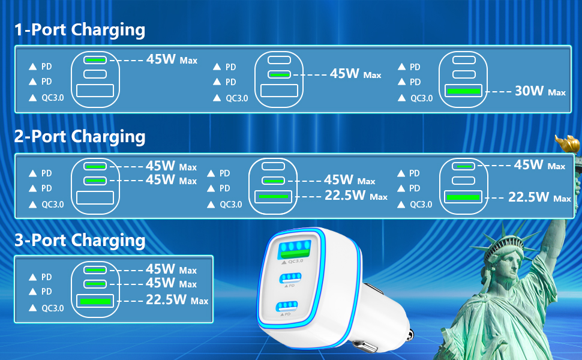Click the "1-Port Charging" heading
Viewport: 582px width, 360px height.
pyautogui.click(x=80, y=30)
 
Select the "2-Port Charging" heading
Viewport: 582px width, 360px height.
pyautogui.click(x=80, y=137)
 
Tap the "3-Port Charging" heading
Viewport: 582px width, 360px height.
pyautogui.click(x=80, y=241)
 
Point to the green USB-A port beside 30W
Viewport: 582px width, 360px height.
pyautogui.click(x=463, y=92)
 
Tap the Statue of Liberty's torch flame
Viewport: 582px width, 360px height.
pyautogui.click(x=568, y=143)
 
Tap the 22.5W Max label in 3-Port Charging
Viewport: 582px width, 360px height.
pyautogui.click(x=177, y=300)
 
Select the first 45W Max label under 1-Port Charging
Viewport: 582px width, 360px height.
pyautogui.click(x=172, y=60)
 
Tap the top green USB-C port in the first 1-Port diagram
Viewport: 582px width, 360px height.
pyautogui.click(x=95, y=60)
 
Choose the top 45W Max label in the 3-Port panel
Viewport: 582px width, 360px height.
pyautogui.click(x=171, y=269)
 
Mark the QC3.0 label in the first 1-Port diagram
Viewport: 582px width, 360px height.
pyautogui.click(x=52, y=98)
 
